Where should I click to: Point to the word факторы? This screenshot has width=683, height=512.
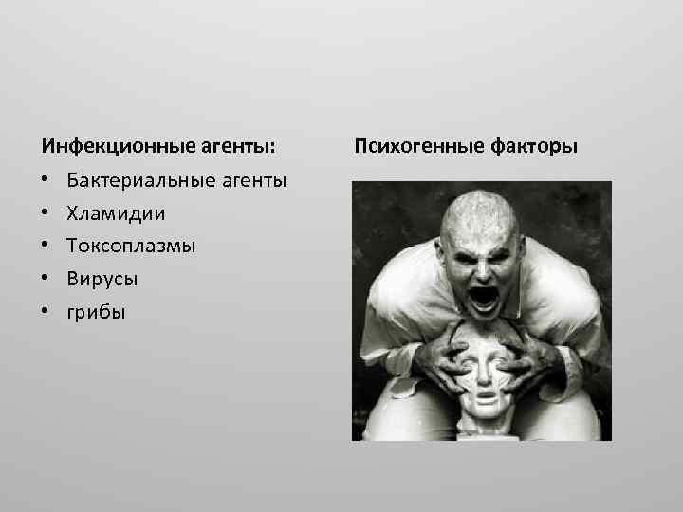tap(533, 147)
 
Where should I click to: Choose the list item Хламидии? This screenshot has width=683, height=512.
tap(116, 213)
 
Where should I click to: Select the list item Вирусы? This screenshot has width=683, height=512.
tap(102, 280)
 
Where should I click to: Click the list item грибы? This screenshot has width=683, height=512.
tap(96, 313)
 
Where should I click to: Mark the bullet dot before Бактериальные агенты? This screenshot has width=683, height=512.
tap(45, 180)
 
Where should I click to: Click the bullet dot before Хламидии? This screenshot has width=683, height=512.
tap(45, 213)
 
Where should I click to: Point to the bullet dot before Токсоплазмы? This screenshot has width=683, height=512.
tap(45, 247)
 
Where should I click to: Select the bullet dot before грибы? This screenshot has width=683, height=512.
tap(45, 312)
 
